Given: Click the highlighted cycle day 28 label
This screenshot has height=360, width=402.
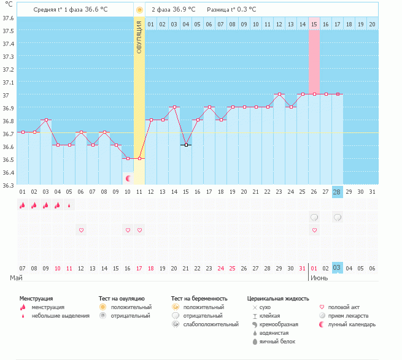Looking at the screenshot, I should tap(337, 192).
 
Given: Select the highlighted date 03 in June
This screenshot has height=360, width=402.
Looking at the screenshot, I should tap(337, 268).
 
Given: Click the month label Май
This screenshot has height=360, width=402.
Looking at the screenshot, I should tap(17, 278).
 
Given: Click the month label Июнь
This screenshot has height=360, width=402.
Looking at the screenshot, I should tap(319, 278).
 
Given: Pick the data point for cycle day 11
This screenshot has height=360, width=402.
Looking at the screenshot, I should tap(139, 158).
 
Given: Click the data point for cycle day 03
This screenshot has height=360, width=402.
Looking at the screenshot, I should tap(46, 120).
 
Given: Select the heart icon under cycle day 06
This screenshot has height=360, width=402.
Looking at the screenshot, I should tap(81, 230).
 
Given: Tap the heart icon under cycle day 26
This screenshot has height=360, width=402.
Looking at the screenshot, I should tap(314, 230).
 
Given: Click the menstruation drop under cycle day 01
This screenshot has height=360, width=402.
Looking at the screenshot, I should tap(23, 205).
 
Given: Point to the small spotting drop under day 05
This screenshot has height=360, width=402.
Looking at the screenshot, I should tap(69, 205).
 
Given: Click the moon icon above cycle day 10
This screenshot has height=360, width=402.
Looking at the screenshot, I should tap(128, 178).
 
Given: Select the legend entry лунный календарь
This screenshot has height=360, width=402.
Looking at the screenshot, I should tap(352, 324).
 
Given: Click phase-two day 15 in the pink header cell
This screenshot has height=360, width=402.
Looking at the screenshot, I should tap(314, 24).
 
